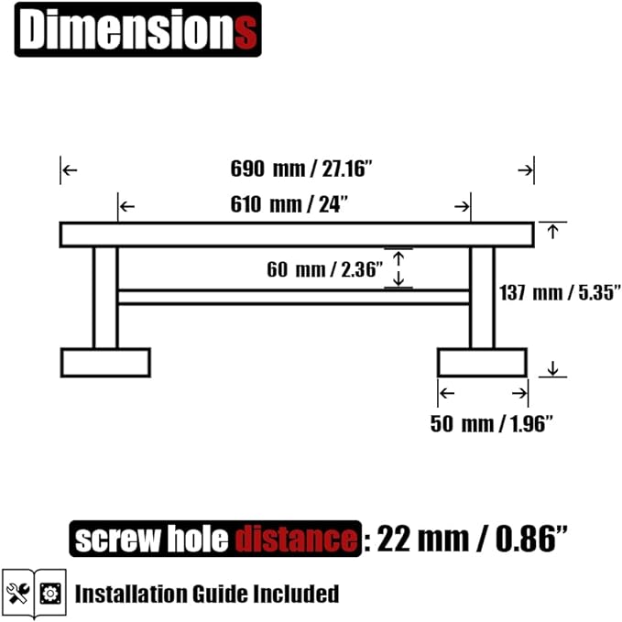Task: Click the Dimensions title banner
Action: tap(138, 29)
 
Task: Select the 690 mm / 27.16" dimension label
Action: tap(301, 169)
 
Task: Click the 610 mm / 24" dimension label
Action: tap(289, 204)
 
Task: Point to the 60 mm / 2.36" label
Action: tap(325, 269)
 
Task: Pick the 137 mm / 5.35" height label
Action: tap(560, 293)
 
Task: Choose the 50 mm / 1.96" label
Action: tap(492, 423)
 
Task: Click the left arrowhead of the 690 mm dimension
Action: tap(70, 170)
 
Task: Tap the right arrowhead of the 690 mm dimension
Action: tap(525, 170)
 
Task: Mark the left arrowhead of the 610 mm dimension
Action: tap(127, 206)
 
